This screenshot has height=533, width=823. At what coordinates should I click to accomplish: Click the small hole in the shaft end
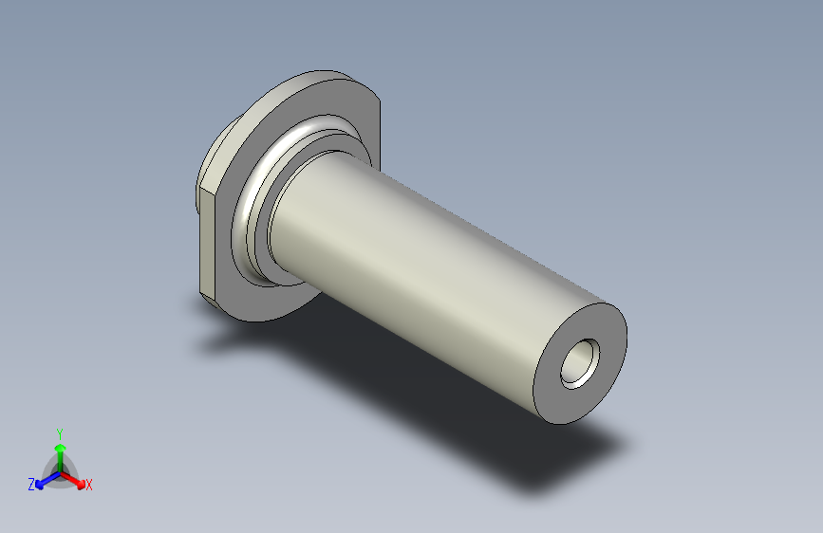[x=580, y=363]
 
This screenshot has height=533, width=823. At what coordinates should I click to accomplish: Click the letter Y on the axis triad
[x=60, y=434]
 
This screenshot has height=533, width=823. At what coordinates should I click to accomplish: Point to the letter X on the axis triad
[x=88, y=486]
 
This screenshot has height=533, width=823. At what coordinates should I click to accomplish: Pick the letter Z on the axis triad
[x=31, y=485]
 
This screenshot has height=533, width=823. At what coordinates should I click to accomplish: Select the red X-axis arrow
[x=73, y=480]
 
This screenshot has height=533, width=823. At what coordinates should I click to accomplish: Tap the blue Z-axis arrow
[x=47, y=480]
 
